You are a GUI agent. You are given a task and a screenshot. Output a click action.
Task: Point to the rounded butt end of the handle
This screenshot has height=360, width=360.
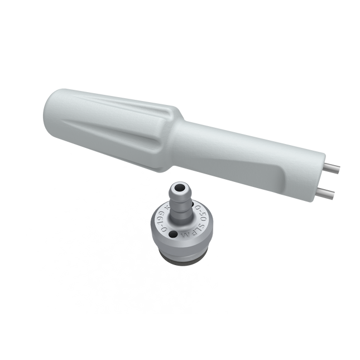(x=49, y=112)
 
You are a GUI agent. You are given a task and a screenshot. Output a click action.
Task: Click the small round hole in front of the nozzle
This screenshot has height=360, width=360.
(x=175, y=234)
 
